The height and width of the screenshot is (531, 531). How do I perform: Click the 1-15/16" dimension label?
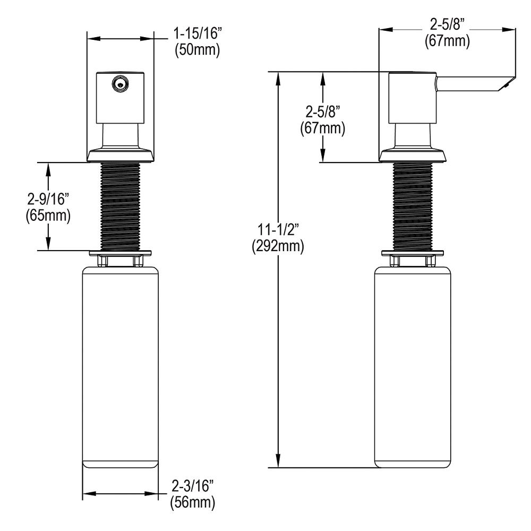[x=198, y=33]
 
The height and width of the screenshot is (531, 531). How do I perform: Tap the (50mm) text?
[x=198, y=50]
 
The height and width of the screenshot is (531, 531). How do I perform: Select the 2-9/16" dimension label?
[x=48, y=199]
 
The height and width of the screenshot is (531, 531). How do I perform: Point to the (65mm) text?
[x=48, y=216]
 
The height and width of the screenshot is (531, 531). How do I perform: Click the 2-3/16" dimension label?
[x=193, y=486]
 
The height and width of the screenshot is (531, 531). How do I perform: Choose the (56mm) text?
[x=193, y=502]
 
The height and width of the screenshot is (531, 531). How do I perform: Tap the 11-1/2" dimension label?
[x=278, y=230]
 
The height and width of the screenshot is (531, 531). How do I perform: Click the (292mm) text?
[x=278, y=246]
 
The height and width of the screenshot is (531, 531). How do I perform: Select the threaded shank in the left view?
[x=120, y=207]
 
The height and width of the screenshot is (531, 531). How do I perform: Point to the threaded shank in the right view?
[x=413, y=207]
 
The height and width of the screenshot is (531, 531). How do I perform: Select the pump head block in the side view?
[x=412, y=98]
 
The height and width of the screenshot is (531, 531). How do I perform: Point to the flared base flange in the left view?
[x=120, y=155]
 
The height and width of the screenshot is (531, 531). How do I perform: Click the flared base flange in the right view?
[x=413, y=155]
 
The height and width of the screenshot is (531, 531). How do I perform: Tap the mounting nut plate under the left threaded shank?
[x=120, y=253]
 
